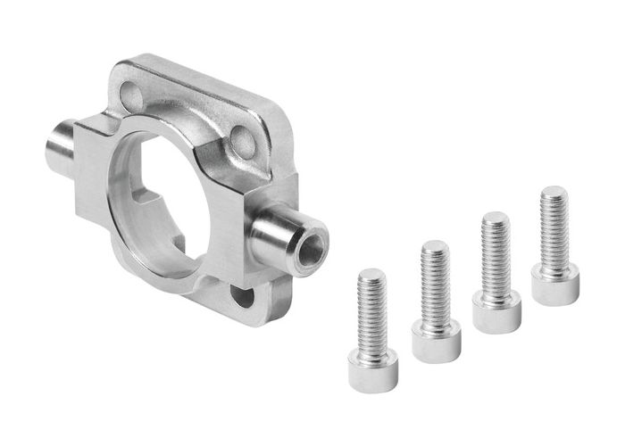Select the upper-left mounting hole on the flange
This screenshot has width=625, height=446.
click(132, 91)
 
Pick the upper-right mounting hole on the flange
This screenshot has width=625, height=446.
click(241, 137)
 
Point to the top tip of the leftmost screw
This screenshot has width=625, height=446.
click(371, 272)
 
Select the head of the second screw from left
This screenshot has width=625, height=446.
click(436, 341)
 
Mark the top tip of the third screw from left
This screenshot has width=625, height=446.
click(495, 216)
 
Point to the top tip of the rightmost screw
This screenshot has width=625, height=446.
click(554, 190)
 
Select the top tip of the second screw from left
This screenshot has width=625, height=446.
click(434, 244)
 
